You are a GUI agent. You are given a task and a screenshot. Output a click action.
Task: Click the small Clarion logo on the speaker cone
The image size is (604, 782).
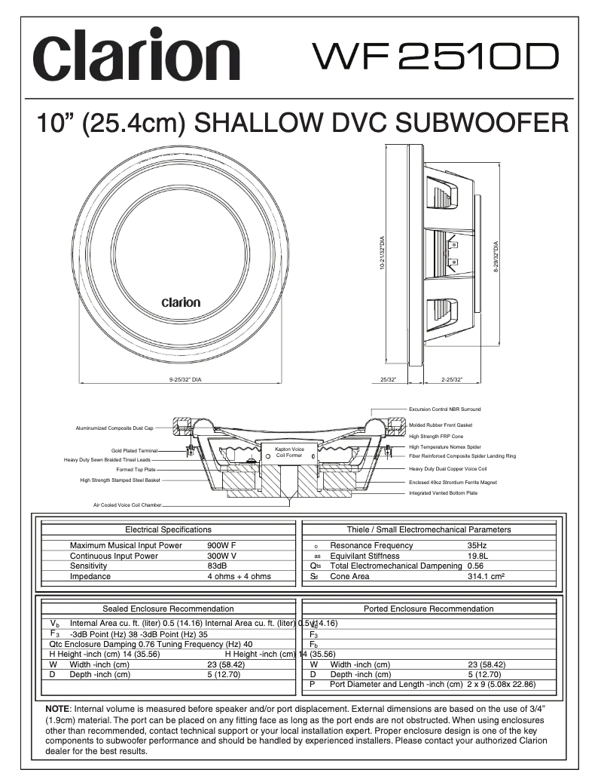[x=181, y=302]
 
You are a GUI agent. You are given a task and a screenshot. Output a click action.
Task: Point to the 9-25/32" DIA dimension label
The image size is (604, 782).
[x=185, y=379]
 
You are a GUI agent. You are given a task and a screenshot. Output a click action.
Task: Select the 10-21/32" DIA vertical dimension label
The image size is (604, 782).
[x=384, y=255]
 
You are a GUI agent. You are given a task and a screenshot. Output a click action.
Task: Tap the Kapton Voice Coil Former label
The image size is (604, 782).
[x=289, y=452]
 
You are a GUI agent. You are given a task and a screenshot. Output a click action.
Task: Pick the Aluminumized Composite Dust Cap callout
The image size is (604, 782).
[x=114, y=428]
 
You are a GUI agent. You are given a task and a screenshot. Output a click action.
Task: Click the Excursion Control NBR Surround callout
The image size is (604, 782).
[x=444, y=409]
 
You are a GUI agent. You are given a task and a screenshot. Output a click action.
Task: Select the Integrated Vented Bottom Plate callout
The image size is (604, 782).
[x=443, y=492]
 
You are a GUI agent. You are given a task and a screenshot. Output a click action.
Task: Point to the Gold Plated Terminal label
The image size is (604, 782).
[x=135, y=450]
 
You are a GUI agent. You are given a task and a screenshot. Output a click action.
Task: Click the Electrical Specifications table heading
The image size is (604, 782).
[x=168, y=529]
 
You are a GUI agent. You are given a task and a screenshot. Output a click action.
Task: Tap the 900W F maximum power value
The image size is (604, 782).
[x=222, y=545]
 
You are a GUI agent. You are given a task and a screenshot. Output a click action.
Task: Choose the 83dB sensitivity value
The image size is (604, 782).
[x=217, y=566]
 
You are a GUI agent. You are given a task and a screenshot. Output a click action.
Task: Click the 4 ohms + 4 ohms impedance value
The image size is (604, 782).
[x=239, y=576]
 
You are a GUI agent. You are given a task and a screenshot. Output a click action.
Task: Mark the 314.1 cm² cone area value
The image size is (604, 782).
[x=485, y=576]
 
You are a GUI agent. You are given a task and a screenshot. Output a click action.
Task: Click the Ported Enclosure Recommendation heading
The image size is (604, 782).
[x=429, y=609]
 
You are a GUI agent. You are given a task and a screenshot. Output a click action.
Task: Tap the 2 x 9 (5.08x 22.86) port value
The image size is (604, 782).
[x=502, y=685]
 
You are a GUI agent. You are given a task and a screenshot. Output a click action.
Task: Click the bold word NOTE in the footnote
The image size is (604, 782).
[x=57, y=710]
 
